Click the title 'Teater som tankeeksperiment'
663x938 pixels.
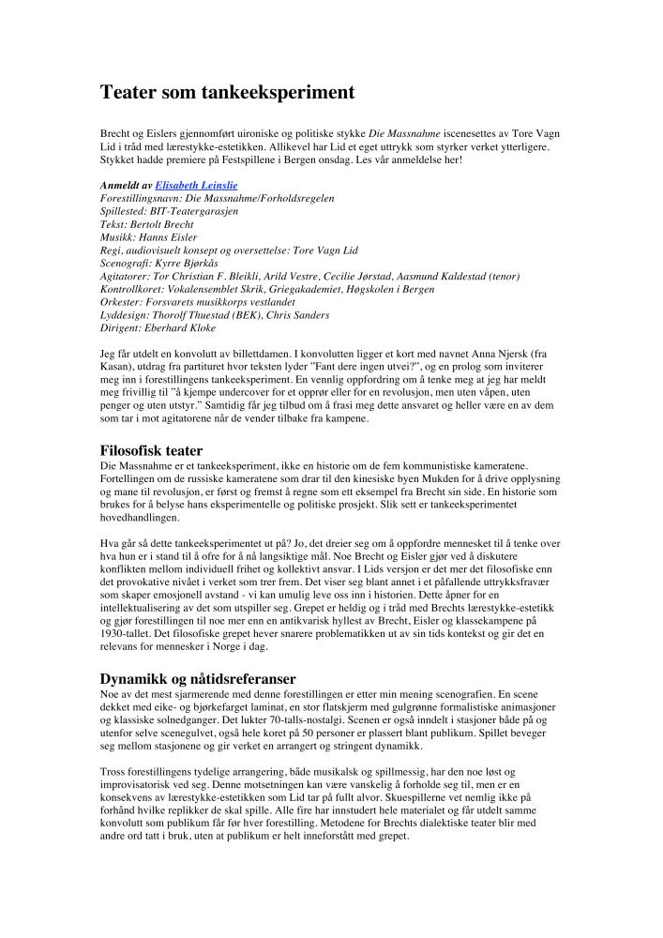(228, 93)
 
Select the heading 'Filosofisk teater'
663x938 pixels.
(152, 450)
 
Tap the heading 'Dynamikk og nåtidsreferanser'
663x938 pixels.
(198, 677)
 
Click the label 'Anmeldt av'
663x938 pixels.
(126, 186)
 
